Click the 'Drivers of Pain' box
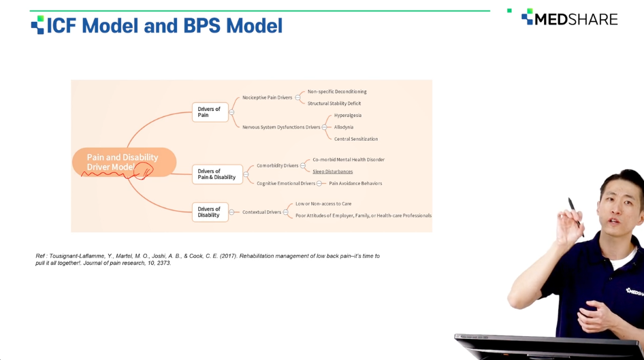(210, 112)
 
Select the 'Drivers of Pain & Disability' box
(217, 174)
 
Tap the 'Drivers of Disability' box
(210, 212)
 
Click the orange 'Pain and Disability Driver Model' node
(124, 162)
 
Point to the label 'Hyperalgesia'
(348, 115)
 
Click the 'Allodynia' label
(344, 127)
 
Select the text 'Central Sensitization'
(356, 139)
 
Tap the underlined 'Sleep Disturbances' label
(333, 171)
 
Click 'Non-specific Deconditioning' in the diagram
(337, 92)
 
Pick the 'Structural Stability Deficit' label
(334, 103)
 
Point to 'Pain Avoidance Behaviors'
(355, 184)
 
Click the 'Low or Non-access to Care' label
(323, 203)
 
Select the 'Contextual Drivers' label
(261, 212)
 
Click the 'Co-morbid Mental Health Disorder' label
(349, 160)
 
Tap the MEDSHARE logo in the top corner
(570, 18)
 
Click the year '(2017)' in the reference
(228, 256)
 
